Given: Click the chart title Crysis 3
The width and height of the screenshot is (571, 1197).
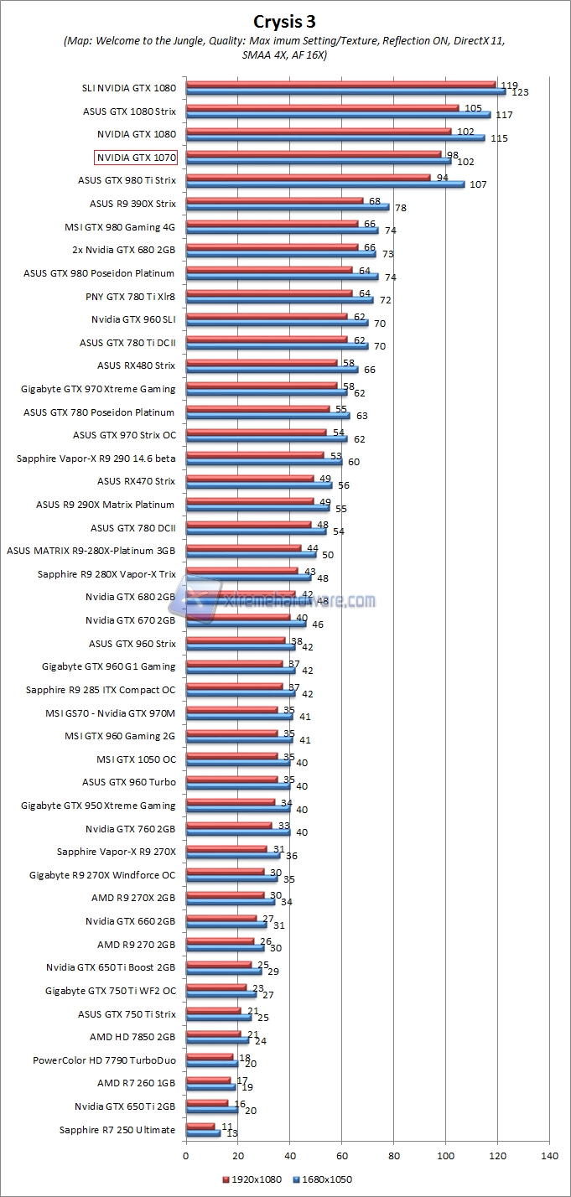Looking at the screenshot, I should (x=285, y=19).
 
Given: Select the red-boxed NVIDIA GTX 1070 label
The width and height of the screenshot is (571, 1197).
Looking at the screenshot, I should (x=136, y=157).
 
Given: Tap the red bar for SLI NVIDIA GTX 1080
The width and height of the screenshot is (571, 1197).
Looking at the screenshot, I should (x=340, y=84).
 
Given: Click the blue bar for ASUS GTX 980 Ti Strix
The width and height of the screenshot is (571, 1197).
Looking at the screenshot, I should (x=324, y=184).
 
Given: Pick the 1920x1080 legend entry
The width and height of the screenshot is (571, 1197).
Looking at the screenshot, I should (x=252, y=1179).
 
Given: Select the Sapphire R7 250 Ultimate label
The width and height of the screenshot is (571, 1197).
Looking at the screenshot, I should (x=117, y=1130).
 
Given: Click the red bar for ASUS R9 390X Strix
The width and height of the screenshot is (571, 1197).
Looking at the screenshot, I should (x=274, y=200).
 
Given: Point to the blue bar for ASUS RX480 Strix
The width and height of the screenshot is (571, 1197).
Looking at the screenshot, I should (x=272, y=370).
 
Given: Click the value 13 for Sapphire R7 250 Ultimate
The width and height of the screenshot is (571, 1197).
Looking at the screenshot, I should (x=231, y=1134).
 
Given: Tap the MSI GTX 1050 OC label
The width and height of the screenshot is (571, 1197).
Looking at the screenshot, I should (x=136, y=759).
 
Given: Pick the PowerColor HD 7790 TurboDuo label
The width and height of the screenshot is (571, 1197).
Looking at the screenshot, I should (x=104, y=1060).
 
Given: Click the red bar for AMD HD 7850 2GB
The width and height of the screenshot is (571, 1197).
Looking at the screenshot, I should (x=213, y=1034).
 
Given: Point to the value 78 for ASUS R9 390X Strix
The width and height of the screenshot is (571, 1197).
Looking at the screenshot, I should (x=401, y=208).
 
